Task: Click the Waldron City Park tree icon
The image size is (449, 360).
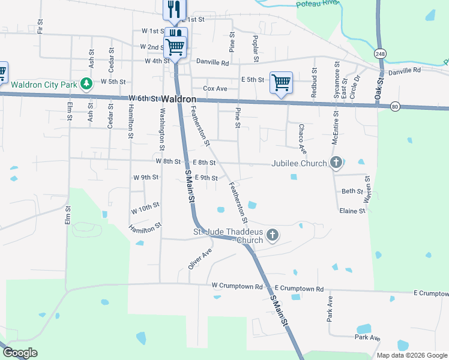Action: pyautogui.click(x=88, y=83)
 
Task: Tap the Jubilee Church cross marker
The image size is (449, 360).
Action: pyautogui.click(x=336, y=163)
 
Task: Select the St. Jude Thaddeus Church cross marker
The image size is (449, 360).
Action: pyautogui.click(x=273, y=235)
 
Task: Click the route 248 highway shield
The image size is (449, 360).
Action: pyautogui.click(x=380, y=54)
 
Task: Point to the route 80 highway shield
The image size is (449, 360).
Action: pyautogui.click(x=394, y=106)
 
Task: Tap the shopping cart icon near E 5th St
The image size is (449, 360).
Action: pyautogui.click(x=281, y=82)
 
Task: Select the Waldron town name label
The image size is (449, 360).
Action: pyautogui.click(x=179, y=98)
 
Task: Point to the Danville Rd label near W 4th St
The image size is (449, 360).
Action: pyautogui.click(x=213, y=62)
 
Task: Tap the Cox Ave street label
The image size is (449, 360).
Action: pyautogui.click(x=215, y=88)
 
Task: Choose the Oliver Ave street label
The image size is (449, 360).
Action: pyautogui.click(x=200, y=259)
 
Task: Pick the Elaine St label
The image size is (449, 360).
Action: pyautogui.click(x=352, y=211)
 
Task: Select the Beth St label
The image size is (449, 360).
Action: pyautogui.click(x=352, y=191)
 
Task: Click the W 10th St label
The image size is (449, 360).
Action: pyautogui.click(x=145, y=208)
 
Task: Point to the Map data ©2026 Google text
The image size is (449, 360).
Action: pyautogui.click(x=411, y=355)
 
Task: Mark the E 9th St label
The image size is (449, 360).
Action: pyautogui.click(x=206, y=178)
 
